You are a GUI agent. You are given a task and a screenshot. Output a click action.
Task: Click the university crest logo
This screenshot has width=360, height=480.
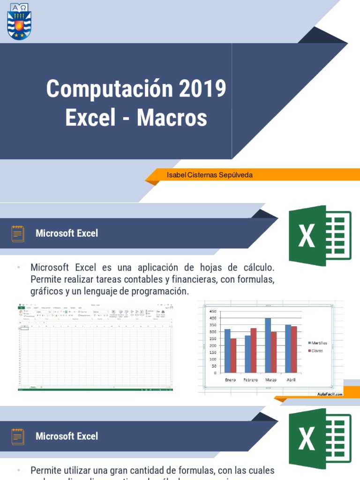click(19, 21)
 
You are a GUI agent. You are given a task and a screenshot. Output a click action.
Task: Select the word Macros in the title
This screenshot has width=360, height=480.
click(172, 118)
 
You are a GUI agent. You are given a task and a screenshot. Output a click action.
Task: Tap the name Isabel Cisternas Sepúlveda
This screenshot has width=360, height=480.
click(210, 175)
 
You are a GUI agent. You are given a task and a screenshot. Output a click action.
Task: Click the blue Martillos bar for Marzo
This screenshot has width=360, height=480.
click(268, 345)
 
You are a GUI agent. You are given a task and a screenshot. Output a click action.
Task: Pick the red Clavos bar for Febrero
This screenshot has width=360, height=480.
click(254, 350)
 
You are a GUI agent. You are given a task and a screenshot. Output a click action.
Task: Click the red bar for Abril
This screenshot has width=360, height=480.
click(294, 349)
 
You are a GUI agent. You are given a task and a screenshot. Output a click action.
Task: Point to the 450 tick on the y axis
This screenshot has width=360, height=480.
click(213, 311)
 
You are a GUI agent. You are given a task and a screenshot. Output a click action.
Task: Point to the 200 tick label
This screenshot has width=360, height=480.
click(213, 345)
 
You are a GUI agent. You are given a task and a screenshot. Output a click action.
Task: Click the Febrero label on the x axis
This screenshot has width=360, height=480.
click(250, 380)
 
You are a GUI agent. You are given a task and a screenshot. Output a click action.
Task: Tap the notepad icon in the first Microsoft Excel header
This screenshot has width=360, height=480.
click(18, 233)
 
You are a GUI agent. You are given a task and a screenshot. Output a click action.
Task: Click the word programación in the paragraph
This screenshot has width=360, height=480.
click(159, 291)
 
